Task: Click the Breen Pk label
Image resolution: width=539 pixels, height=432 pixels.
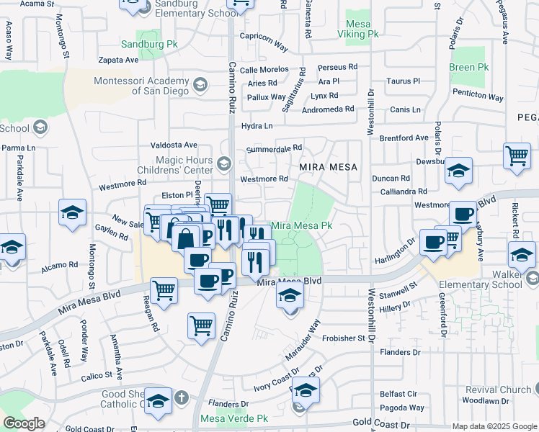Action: click(x=468, y=67)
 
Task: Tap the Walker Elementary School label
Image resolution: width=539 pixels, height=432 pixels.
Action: click(x=496, y=279)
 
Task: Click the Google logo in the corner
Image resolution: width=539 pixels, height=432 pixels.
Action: click(x=24, y=423)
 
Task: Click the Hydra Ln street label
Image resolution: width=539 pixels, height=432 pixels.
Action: click(x=257, y=126)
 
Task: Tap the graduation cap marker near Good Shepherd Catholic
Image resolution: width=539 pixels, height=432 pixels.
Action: click(x=158, y=402)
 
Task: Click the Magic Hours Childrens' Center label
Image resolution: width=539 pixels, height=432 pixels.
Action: click(x=183, y=165)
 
